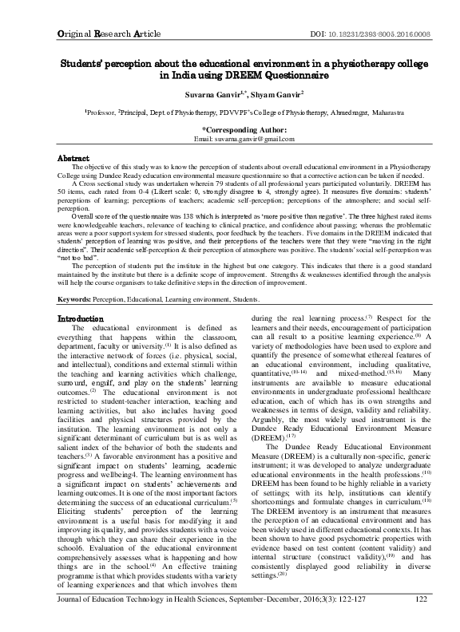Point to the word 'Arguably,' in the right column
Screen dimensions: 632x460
coord(268,413)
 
